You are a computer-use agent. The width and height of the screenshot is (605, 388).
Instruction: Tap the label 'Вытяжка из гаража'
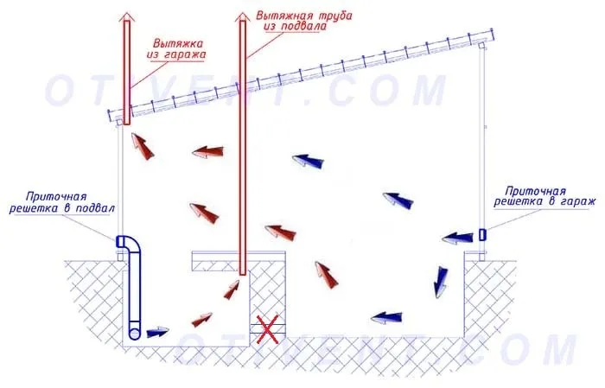176,48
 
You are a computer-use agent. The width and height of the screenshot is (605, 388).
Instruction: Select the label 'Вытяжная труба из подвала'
303,21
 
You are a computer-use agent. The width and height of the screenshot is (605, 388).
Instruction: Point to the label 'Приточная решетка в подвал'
61,203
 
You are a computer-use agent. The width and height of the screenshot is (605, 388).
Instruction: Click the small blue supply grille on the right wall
482,234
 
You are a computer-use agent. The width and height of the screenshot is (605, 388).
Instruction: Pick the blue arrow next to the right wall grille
457,238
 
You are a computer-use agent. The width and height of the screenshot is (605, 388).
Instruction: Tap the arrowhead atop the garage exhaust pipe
126,16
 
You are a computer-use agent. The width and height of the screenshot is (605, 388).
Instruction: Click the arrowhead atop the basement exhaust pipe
242,16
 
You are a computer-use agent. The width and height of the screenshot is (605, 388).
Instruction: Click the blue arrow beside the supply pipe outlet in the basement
158,332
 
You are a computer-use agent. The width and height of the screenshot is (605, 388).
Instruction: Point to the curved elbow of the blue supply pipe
129,244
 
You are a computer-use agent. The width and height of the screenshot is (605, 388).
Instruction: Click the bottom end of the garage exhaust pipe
127,123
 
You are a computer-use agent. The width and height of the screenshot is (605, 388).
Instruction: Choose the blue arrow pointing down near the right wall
441,282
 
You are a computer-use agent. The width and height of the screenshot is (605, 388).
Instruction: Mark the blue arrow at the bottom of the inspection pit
386,317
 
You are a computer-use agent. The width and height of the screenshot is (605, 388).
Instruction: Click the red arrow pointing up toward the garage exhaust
143,146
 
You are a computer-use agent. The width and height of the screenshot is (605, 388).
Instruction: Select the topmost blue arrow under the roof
308,161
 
